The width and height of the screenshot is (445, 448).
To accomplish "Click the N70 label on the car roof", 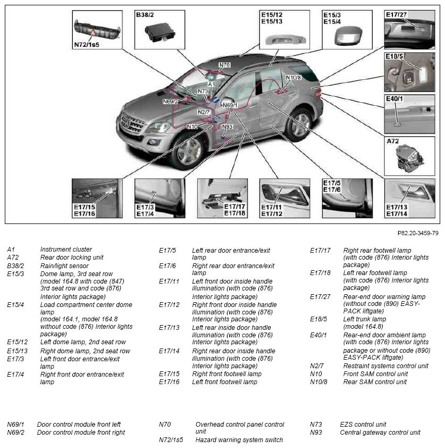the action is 224,65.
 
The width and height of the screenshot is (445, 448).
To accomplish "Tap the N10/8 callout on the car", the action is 293,78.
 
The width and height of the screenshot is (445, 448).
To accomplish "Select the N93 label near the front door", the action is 227,127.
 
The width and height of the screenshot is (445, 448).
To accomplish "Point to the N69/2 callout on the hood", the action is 171,101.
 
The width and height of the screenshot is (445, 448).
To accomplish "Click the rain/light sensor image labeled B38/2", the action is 159,30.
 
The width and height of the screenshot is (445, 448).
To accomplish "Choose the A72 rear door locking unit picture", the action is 409,156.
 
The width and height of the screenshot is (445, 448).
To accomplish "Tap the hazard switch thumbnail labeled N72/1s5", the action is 97,30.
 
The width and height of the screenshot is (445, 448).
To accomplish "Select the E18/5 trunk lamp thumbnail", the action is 409,72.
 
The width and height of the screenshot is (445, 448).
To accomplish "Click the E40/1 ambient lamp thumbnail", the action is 409,114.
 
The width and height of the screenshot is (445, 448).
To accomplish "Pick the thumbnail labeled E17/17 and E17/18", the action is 222,198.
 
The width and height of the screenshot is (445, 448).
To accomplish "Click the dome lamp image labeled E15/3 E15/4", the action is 347,30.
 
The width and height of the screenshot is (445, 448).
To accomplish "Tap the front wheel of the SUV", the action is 188,152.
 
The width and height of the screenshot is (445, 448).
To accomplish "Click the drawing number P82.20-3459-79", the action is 418,233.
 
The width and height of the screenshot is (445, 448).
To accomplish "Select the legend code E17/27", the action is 320,297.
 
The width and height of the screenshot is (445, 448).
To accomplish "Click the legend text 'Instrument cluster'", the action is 66,250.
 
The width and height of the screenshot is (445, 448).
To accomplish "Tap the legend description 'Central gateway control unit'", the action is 380,432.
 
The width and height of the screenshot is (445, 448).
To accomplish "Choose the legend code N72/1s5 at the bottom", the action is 171,439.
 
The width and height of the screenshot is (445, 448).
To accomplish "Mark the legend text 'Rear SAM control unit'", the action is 375,381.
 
